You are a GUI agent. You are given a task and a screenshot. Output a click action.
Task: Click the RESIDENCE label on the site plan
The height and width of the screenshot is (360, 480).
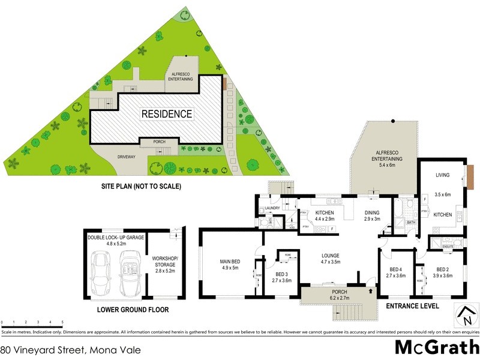click(167, 113)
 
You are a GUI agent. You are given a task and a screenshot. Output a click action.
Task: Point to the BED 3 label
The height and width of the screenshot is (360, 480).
click(282, 277)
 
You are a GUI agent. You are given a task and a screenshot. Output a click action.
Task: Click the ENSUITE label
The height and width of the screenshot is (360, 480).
click(447, 247)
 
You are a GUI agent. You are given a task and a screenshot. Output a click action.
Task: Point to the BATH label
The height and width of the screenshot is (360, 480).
click(411, 223)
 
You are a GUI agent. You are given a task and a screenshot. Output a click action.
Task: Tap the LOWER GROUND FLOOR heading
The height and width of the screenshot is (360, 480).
click(133, 310)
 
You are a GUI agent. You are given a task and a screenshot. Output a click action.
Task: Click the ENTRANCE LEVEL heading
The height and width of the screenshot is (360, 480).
click(413, 306)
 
